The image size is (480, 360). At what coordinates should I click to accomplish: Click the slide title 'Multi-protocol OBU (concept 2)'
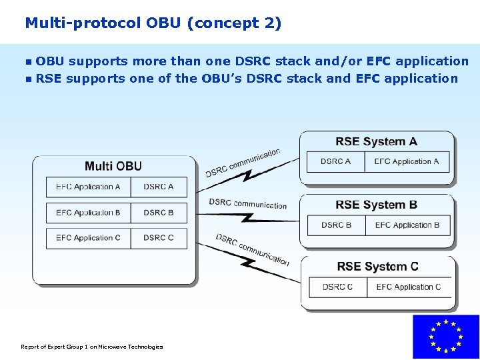153,23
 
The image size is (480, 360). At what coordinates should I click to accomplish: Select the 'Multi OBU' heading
113,166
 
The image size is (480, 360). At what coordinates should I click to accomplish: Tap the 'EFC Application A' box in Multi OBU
88,187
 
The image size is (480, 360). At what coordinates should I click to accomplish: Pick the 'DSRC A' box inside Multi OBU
159,187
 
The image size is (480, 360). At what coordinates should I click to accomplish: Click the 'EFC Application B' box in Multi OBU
88,213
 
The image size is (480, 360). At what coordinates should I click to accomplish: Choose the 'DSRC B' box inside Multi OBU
159,213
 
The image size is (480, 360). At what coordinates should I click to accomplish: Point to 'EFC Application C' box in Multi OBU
88,238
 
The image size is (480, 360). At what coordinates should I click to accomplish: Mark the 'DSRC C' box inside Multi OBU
159,238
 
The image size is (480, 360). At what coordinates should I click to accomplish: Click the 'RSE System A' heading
377,141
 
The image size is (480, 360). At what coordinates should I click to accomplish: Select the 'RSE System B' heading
377,205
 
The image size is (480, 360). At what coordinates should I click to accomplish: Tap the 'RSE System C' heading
377,267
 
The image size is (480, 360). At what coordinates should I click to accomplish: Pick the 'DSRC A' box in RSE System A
335,161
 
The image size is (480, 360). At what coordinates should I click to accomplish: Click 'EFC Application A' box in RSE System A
407,161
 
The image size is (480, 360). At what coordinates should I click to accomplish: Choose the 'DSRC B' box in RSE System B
337,225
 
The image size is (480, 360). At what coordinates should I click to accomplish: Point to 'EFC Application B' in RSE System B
407,225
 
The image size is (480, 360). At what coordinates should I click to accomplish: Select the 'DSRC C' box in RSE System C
337,287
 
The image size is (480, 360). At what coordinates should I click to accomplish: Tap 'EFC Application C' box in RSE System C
409,287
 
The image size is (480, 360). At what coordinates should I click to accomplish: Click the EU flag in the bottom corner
445,337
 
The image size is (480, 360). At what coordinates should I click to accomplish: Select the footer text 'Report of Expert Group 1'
92,347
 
